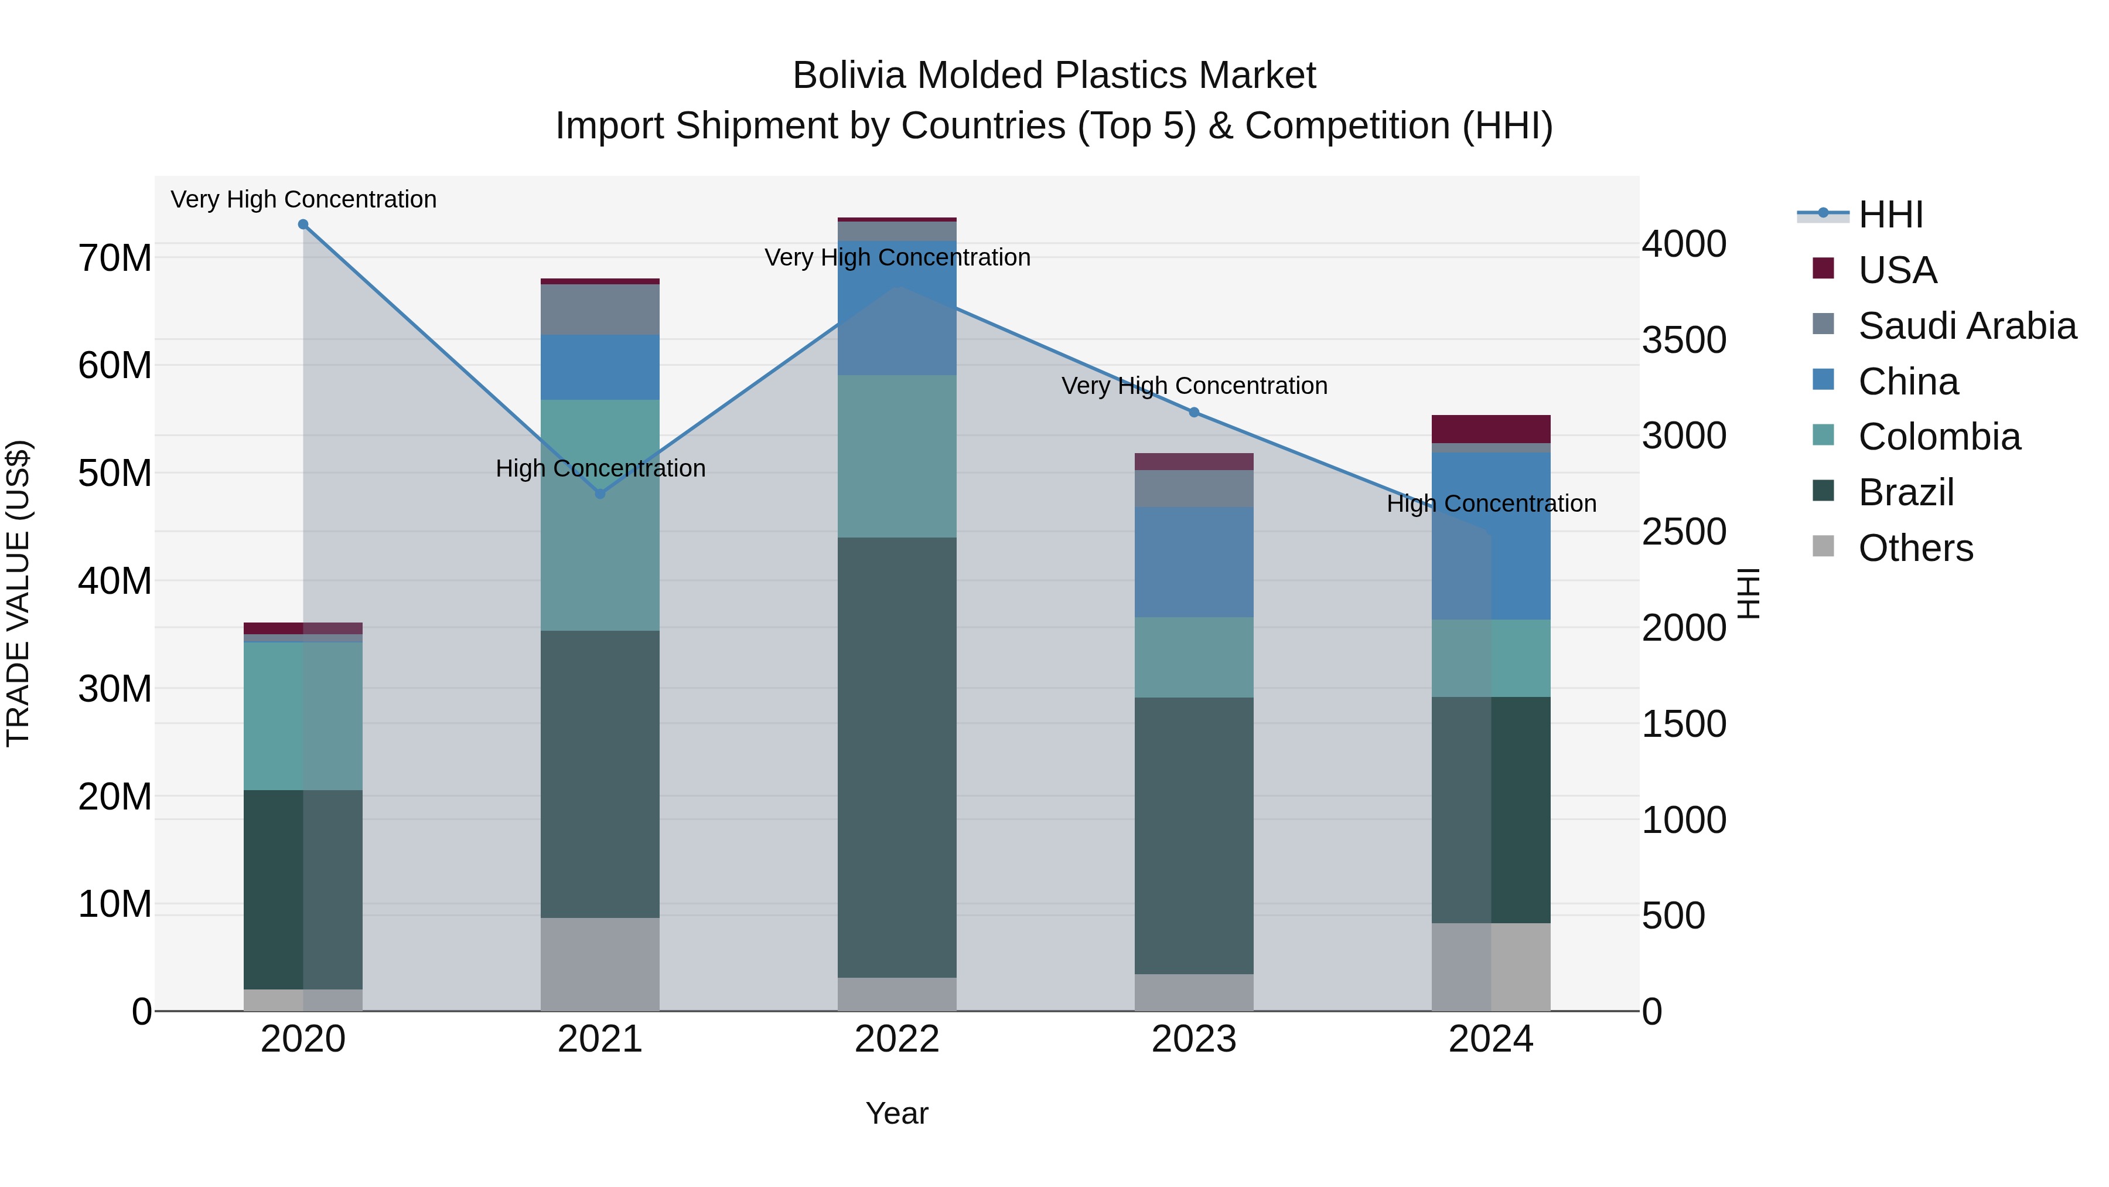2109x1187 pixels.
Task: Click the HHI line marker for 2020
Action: click(303, 225)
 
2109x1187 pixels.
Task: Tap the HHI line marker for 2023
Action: click(1194, 412)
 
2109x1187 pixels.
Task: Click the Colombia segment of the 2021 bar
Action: click(600, 515)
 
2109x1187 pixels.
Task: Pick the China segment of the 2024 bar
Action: click(1491, 535)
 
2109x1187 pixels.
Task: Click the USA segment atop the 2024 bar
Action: click(1491, 429)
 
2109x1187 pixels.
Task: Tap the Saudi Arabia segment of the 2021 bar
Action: click(600, 309)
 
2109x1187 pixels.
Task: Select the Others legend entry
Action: click(1915, 548)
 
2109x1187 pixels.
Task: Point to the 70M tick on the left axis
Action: click(115, 258)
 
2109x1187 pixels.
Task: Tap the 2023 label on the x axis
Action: click(1194, 1039)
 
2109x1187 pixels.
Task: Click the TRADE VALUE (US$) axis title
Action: click(18, 593)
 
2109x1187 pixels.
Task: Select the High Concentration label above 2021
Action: click(600, 468)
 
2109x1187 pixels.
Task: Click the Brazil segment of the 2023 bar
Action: click(1194, 835)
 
